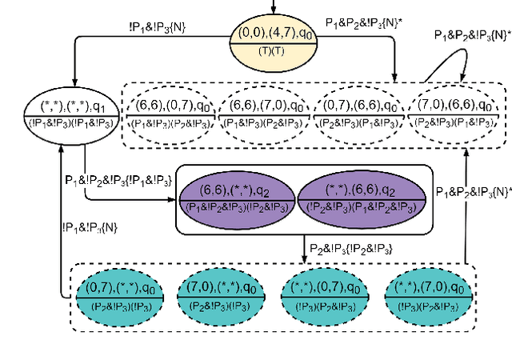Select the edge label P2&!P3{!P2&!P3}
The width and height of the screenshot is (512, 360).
point(350,248)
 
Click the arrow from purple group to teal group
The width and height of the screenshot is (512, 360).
point(304,247)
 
